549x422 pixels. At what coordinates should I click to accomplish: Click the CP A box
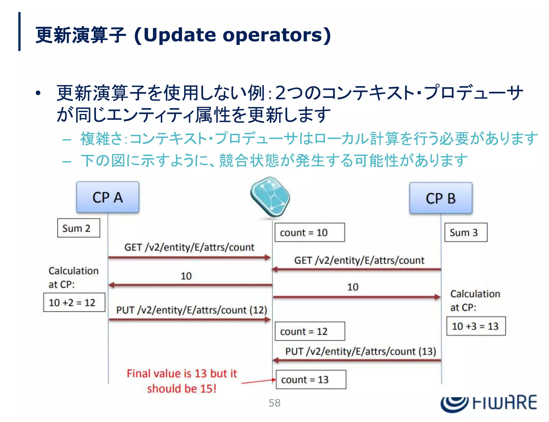click(107, 197)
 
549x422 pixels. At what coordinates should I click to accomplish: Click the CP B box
click(441, 198)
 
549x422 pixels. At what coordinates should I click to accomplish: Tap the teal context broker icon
click(270, 196)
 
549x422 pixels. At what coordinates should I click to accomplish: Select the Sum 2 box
click(79, 228)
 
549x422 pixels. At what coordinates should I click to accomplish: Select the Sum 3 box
click(466, 232)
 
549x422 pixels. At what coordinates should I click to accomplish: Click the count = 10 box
click(310, 232)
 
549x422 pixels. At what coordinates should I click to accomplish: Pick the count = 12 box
click(310, 331)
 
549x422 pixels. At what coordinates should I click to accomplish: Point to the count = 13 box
click(311, 380)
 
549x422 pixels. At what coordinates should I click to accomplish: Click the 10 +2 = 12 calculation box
click(74, 302)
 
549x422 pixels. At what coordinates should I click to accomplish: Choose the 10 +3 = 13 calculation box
click(476, 326)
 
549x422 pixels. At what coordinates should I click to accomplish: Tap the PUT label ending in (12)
click(191, 310)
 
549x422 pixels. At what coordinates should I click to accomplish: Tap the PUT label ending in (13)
click(361, 351)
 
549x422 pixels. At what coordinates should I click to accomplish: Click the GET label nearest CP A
click(189, 247)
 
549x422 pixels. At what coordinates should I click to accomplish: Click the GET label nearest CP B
click(359, 260)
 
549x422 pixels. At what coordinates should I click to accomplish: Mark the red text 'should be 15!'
click(182, 388)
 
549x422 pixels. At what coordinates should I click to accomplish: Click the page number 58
click(274, 403)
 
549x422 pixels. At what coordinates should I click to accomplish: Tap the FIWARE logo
click(488, 403)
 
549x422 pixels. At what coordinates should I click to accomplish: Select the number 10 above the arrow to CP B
click(353, 287)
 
